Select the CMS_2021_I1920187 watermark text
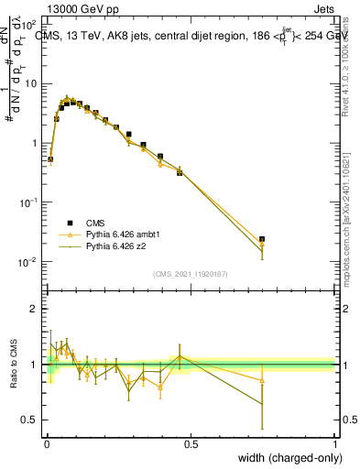[x=190, y=274]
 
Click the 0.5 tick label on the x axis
[x=191, y=444]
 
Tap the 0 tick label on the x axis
[x=47, y=444]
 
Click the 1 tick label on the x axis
[x=334, y=444]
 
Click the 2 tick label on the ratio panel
[x=34, y=309]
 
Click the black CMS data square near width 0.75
[x=262, y=239]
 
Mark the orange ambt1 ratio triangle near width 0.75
[x=262, y=380]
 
